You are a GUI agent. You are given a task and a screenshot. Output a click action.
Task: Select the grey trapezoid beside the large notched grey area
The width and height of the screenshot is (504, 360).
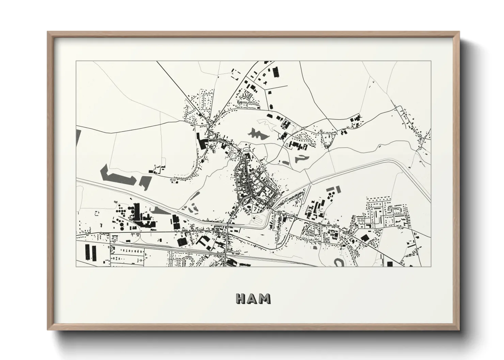(144, 182)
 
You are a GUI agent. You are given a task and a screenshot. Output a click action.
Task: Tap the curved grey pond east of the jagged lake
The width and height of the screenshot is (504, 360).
(300, 158)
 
